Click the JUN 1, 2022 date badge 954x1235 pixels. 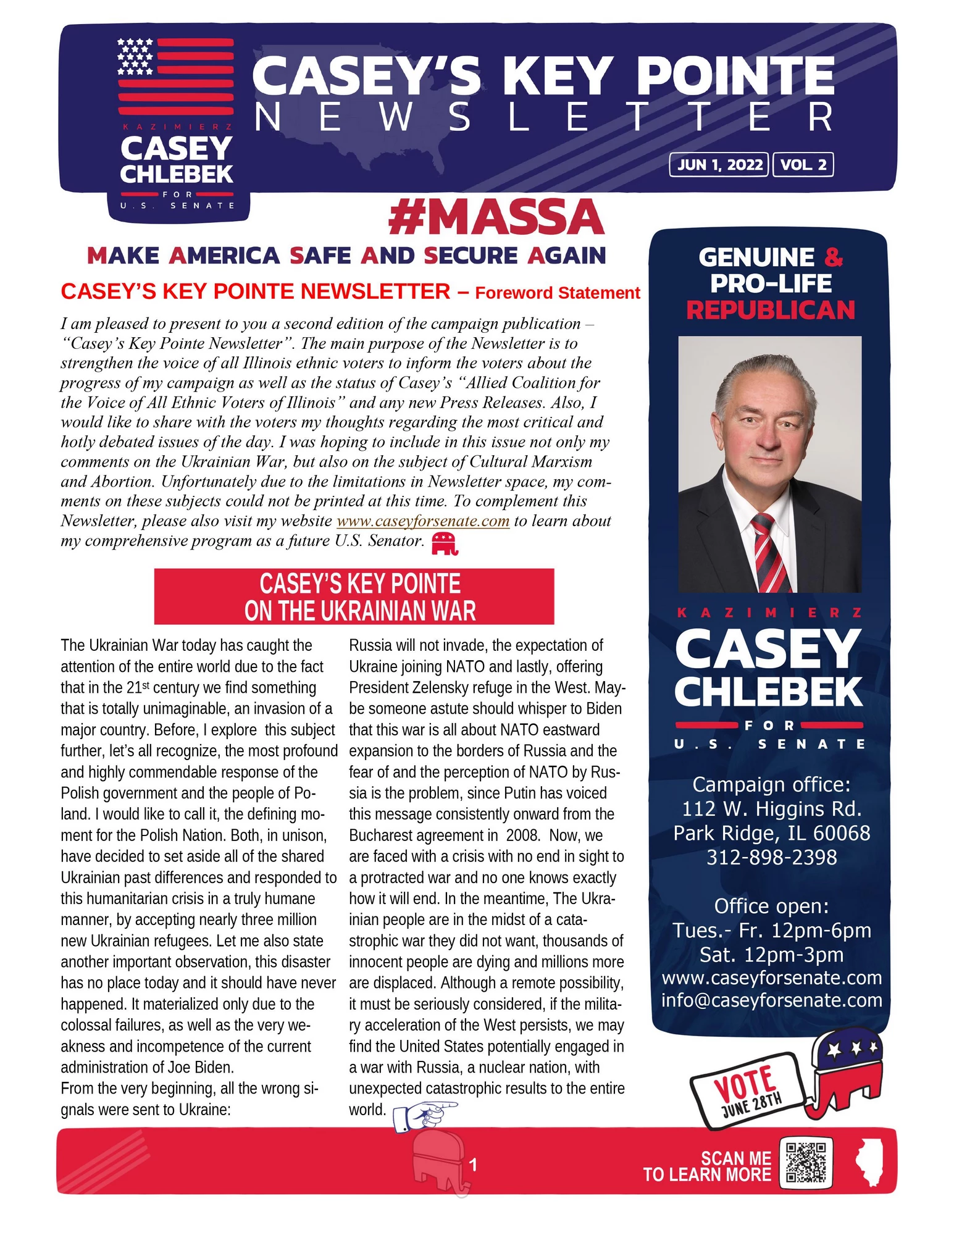pos(719,165)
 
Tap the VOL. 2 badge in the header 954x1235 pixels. pos(803,165)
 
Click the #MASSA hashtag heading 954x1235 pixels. pos(496,217)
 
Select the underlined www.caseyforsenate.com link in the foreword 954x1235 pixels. pos(423,521)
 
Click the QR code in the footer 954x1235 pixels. pos(806,1162)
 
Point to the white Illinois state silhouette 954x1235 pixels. pos(869,1163)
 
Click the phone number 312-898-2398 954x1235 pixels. pos(771,857)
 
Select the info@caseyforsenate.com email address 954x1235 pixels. pos(771,1000)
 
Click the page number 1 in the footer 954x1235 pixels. pos(473,1165)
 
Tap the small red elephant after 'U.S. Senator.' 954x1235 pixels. pos(445,543)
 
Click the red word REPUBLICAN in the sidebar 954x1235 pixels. pos(771,310)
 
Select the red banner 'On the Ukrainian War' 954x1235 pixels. pos(354,597)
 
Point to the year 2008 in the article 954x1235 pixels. pos(522,835)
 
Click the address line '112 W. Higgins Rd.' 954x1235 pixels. pos(771,809)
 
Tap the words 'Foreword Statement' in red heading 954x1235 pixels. pos(557,293)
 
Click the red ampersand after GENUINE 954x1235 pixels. pos(834,257)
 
